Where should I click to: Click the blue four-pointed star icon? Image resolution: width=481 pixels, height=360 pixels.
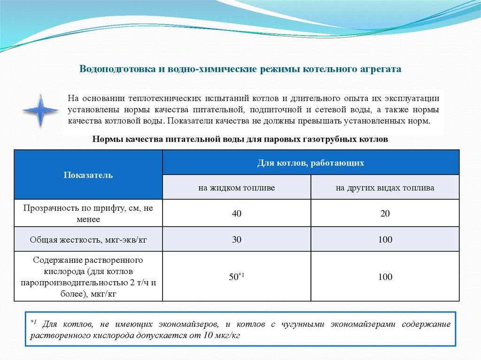point(40,110)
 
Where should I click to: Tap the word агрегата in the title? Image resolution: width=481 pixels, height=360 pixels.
point(381,69)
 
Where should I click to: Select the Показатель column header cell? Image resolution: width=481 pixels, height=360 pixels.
point(88,175)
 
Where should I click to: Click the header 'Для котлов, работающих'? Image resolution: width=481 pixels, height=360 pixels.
point(310,163)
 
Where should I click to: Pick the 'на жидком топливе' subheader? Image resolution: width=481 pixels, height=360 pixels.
point(236,187)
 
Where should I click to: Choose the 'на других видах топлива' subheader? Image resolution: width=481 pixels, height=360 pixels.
point(385,187)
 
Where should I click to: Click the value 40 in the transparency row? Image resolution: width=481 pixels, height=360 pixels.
point(236,214)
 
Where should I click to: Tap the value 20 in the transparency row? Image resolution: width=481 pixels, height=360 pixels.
point(385,214)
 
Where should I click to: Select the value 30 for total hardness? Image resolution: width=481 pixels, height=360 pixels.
point(236,239)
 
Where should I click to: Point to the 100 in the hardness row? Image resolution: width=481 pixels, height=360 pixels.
point(385,239)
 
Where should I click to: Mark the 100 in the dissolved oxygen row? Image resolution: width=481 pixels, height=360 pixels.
point(385,276)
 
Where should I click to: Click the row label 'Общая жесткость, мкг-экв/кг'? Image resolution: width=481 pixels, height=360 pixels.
point(89,239)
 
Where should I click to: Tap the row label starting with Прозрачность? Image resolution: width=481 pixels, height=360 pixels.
point(89,214)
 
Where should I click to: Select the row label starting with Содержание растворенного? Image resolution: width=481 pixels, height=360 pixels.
point(89,276)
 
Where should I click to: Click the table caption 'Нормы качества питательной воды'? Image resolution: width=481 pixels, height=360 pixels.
point(240,139)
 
